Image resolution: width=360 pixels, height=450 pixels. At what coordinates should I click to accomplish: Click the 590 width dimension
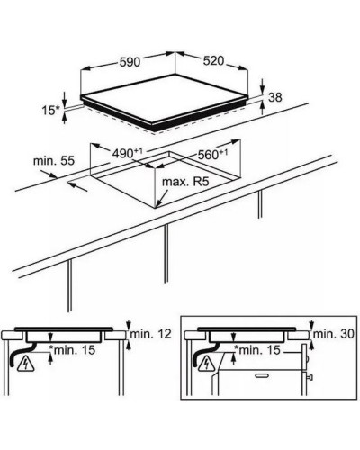tap(130, 62)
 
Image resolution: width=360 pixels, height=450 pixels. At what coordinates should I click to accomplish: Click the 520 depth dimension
tap(213, 61)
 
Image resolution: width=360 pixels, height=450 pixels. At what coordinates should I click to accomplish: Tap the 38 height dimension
tap(275, 97)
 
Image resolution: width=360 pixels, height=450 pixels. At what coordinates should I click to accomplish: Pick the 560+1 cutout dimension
tap(212, 155)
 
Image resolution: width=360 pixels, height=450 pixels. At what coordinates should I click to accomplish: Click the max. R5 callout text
tap(185, 182)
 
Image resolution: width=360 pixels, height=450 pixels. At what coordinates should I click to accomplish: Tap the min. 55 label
tap(54, 161)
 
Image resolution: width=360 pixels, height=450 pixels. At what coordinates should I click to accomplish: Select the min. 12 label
tap(151, 334)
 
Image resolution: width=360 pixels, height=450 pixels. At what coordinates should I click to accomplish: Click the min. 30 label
tap(334, 334)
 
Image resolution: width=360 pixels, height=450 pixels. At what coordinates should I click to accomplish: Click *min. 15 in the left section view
tap(72, 349)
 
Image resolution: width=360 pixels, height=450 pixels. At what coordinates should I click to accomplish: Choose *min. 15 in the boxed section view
tap(257, 349)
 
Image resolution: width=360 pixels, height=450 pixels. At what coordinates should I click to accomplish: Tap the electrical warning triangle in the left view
tap(26, 364)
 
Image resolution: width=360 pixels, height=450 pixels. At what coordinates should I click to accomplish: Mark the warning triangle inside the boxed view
tap(207, 364)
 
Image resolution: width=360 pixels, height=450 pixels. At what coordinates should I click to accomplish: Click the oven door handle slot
tap(262, 375)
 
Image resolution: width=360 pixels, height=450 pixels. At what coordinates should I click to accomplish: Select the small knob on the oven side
tap(311, 377)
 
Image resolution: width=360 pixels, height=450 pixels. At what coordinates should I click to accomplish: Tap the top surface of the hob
tap(165, 98)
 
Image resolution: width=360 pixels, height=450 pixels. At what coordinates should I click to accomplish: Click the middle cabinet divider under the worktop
tap(166, 253)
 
